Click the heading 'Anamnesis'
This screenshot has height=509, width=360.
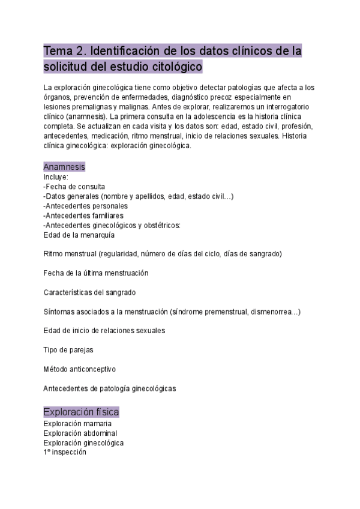64,167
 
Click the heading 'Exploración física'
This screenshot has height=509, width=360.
81,412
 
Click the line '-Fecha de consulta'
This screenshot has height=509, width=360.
74,187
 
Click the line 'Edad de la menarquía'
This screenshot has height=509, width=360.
79,235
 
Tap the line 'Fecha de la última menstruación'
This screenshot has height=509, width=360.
96,273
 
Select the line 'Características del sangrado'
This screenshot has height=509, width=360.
89,292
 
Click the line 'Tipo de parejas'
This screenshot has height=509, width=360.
68,349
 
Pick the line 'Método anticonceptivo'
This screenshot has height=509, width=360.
80,369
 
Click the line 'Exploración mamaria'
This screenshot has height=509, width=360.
77,424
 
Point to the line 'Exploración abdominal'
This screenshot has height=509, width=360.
80,433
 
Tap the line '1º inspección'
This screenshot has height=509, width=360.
65,453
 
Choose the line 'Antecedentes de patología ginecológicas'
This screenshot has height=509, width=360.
110,388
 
